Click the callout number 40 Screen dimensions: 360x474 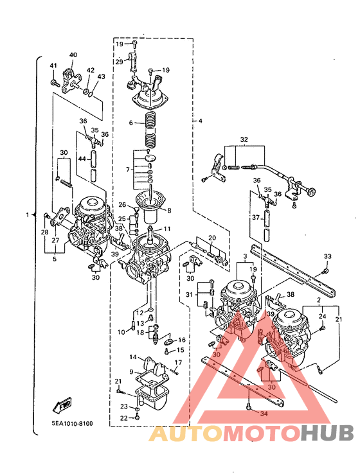[x=73, y=55]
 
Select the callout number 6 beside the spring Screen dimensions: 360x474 [x=130, y=123]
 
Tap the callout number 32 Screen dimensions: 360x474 [x=244, y=139]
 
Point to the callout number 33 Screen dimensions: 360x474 [x=327, y=256]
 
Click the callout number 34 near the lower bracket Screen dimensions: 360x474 [x=264, y=414]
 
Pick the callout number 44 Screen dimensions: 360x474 [x=82, y=159]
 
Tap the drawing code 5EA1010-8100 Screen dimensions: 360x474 [x=72, y=423]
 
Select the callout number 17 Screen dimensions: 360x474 [x=178, y=362]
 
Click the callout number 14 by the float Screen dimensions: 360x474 [x=133, y=357]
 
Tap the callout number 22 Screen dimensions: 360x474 [x=123, y=418]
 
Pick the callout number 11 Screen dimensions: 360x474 [x=167, y=229]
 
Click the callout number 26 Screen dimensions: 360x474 [x=122, y=205]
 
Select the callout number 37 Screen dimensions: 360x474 [x=256, y=217]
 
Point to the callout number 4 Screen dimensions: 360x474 [x=201, y=121]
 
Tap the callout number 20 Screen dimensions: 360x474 [x=212, y=238]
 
